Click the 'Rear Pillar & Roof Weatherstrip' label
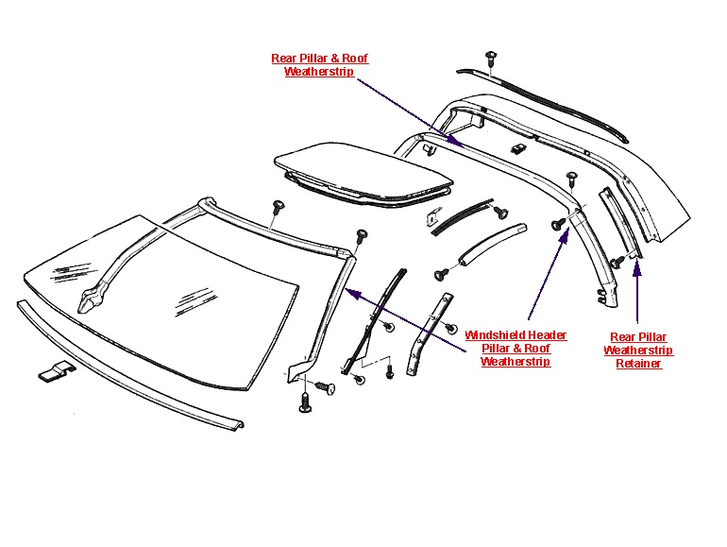(319, 65)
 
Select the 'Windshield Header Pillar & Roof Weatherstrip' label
(516, 348)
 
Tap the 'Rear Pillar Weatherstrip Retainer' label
(638, 350)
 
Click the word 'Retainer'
(638, 364)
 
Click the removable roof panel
(363, 171)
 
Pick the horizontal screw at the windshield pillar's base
(323, 386)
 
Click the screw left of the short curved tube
(441, 275)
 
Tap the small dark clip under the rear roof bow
(517, 148)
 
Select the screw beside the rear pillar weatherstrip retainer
(616, 261)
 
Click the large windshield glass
(161, 293)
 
